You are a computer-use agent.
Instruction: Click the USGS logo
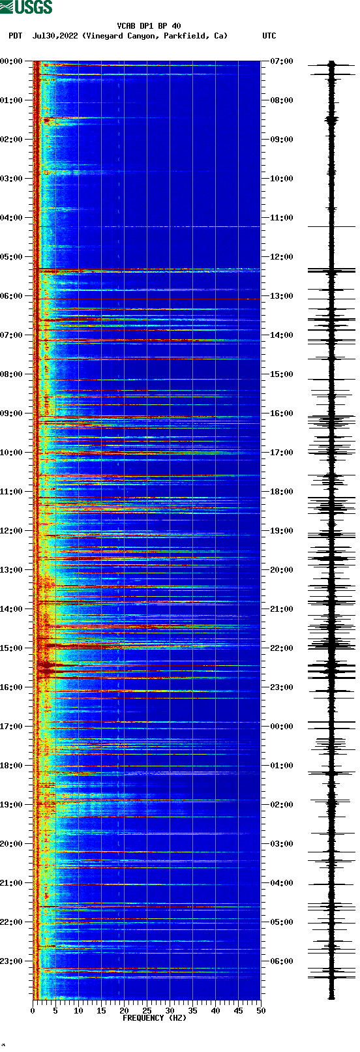pos(26,7)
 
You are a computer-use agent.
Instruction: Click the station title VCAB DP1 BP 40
pos(149,26)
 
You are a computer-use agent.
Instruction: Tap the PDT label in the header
pos(16,36)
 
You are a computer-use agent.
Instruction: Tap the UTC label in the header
pos(269,36)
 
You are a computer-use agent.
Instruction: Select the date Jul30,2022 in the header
pos(55,36)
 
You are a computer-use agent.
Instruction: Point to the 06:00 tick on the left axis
pos(12,296)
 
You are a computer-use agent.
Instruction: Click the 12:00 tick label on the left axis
pos(12,531)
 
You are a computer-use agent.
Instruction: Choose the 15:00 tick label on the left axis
pos(12,648)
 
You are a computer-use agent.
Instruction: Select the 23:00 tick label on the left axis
pos(12,961)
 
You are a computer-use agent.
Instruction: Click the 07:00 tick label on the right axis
pos(282,61)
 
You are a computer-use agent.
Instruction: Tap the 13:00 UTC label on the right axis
pos(282,296)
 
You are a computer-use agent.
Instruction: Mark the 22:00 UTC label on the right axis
pos(282,648)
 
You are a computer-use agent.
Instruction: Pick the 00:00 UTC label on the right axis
pos(282,727)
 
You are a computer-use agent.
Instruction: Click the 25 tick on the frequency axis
pos(147,1011)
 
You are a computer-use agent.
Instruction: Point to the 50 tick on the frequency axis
pos(261,1011)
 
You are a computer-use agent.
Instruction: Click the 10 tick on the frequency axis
pos(78,1011)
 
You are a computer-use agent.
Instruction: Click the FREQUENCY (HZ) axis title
pos(155,1018)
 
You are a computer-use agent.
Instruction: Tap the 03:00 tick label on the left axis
pos(12,179)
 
